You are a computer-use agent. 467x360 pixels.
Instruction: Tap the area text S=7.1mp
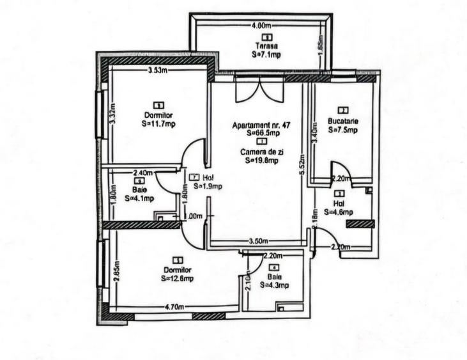tap(266, 55)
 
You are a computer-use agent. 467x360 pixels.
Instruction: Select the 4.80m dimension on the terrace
tap(263, 26)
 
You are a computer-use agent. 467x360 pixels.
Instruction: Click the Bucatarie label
tap(343, 120)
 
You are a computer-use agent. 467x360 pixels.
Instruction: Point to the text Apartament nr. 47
tap(261, 125)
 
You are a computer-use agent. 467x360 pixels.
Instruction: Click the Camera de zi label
tap(260, 152)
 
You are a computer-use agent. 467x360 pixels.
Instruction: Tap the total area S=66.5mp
tap(263, 134)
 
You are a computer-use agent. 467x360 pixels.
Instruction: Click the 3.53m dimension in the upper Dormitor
tap(157, 70)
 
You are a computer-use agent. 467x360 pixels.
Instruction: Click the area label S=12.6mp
tap(178, 278)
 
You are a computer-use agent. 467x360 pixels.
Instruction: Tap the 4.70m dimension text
tap(176, 307)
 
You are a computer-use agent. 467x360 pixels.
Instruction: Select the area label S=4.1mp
tap(139, 198)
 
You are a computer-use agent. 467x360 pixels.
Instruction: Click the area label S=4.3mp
tap(275, 285)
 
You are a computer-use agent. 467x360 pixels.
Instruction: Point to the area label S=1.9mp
tap(208, 187)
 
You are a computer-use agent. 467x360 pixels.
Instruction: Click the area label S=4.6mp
tap(339, 212)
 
